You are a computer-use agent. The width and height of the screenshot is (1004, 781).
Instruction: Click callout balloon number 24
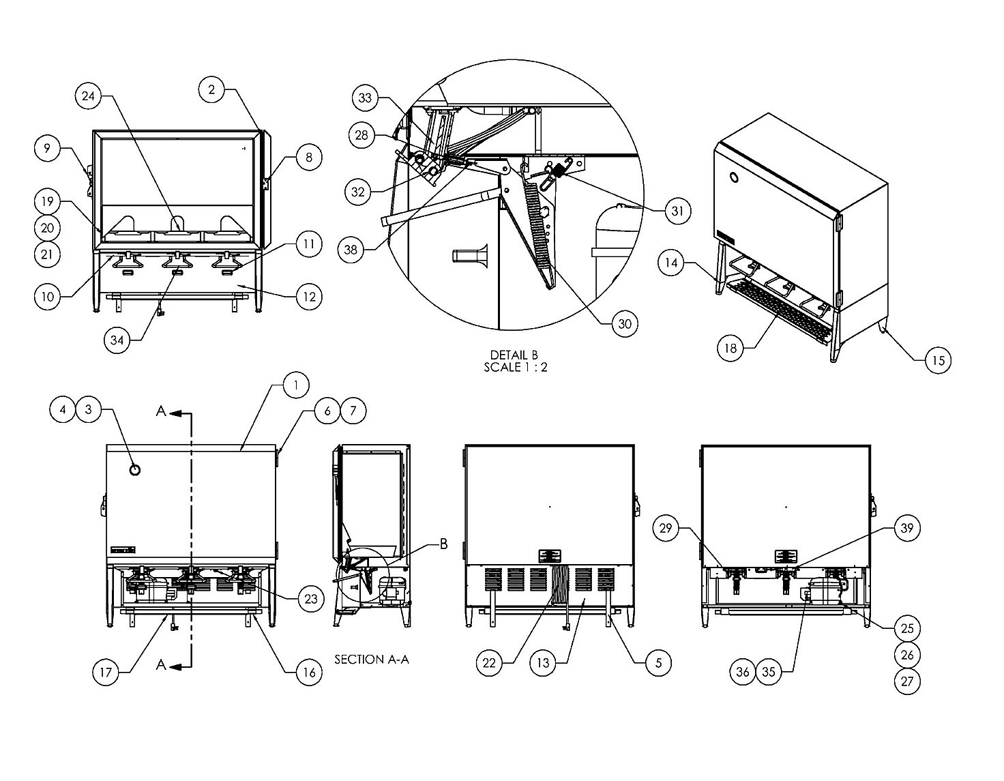(x=88, y=96)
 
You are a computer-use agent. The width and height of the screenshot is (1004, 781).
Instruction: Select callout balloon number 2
(x=211, y=89)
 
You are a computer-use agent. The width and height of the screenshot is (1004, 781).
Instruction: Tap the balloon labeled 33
(x=365, y=98)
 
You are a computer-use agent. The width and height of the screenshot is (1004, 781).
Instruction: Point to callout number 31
(x=677, y=211)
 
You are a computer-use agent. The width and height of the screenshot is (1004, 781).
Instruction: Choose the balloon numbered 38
(x=351, y=250)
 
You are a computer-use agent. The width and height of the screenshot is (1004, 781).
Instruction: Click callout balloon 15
(x=939, y=360)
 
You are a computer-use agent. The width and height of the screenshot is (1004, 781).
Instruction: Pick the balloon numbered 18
(x=730, y=349)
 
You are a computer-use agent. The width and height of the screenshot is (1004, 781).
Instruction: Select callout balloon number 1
(x=296, y=385)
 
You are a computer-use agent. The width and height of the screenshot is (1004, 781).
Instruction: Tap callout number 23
(x=311, y=599)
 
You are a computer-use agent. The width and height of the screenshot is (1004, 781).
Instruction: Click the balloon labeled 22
(x=489, y=663)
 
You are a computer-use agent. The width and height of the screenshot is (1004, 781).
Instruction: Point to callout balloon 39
(x=907, y=528)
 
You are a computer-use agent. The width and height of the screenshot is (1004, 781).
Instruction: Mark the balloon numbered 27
(x=907, y=681)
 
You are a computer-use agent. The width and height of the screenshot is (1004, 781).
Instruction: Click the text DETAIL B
(x=514, y=355)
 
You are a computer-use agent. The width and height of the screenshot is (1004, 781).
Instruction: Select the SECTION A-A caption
(x=372, y=660)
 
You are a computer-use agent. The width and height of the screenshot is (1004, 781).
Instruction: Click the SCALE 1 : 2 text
(x=516, y=367)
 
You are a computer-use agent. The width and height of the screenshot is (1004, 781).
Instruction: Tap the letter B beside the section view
(x=443, y=544)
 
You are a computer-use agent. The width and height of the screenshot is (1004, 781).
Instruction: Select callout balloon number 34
(x=117, y=340)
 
